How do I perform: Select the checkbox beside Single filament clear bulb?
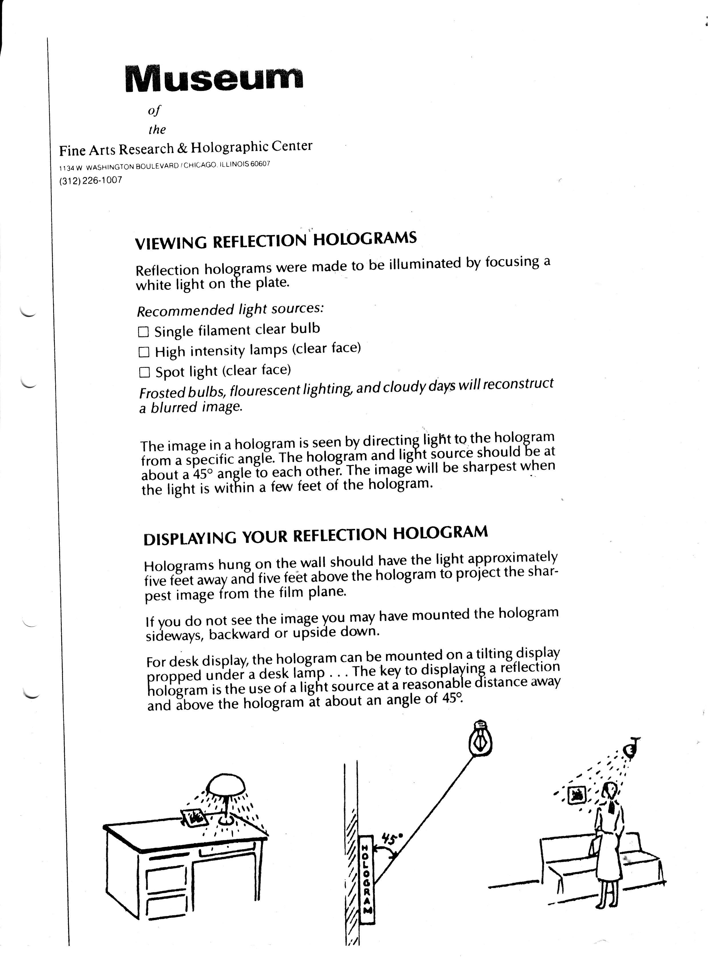click(144, 332)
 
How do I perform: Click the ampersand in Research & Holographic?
click(182, 148)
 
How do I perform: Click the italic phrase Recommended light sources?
click(230, 309)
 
